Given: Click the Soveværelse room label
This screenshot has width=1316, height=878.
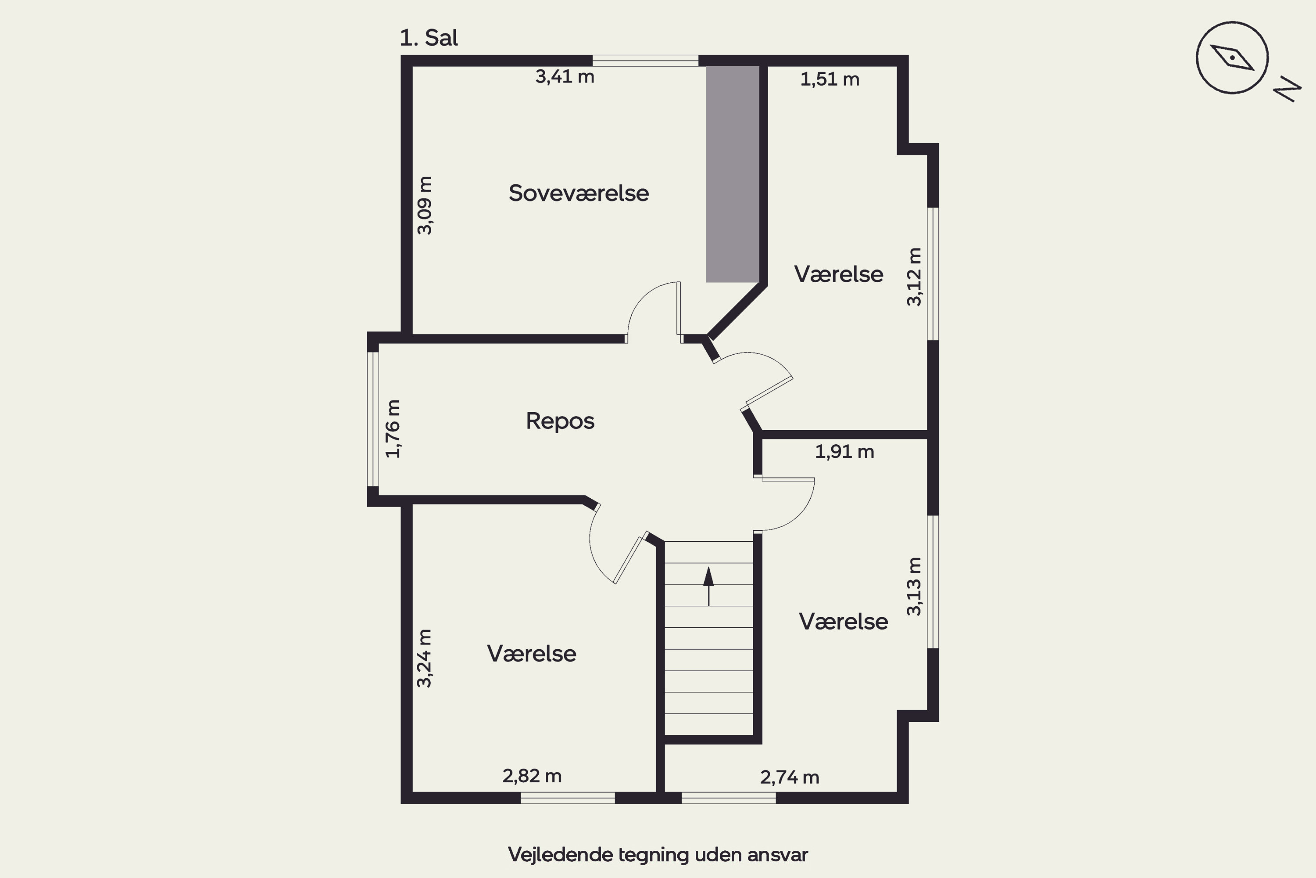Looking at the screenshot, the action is coord(579,193).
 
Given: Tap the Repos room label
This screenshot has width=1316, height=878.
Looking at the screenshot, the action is coord(560,421).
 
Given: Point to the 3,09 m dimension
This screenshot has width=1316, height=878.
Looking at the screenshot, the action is coord(425,205).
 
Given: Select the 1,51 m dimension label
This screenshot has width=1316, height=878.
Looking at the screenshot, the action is coord(830,79).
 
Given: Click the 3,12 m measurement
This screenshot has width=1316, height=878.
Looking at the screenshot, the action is coord(914,277).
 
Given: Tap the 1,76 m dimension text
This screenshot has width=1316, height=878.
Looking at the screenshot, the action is coord(393,429).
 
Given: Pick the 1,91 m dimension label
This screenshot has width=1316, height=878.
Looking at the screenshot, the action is coord(844,451).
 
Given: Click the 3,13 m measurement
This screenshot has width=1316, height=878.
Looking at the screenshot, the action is coord(913,586).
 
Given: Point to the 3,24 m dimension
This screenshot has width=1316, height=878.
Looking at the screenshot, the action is coord(425,658).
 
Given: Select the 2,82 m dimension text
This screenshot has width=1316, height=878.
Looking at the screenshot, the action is coord(532,776).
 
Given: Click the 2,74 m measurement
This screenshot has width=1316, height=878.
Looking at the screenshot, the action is coord(790,777).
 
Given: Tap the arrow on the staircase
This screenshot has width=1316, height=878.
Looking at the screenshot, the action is coord(708,586).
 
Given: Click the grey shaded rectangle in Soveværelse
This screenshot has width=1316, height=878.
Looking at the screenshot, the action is coord(733,174).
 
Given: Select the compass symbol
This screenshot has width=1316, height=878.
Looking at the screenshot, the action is coord(1232,58).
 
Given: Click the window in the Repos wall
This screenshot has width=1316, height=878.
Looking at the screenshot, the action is coord(372,419).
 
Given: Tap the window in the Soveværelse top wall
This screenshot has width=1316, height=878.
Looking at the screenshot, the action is coord(645,61).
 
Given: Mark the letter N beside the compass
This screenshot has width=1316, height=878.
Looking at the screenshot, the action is coord(1287,90).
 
